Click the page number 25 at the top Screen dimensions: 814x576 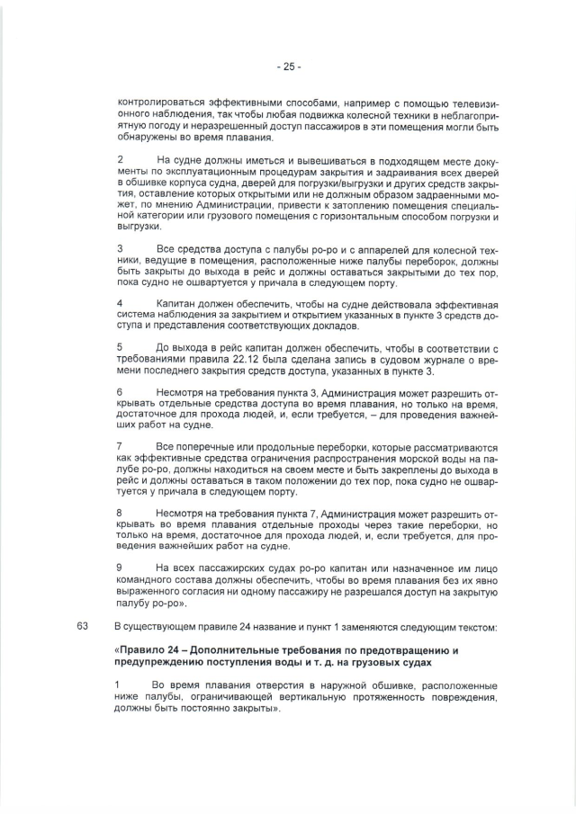coord(288,67)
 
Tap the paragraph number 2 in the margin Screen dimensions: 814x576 coord(120,160)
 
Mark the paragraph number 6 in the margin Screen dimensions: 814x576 coord(120,392)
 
